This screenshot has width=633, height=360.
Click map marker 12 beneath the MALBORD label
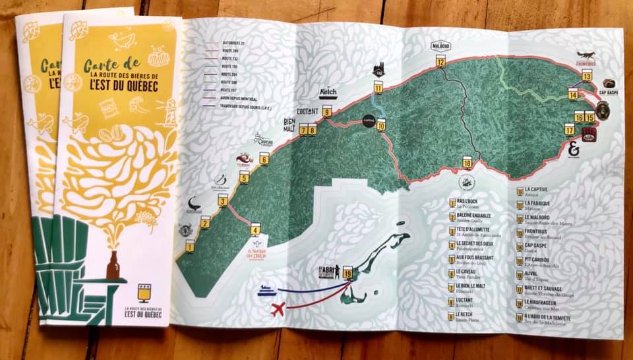tap(440, 63)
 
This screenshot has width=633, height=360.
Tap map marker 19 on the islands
tap(347, 270)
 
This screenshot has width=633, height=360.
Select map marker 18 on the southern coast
tap(467, 163)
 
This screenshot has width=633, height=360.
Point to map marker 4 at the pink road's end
tap(255, 231)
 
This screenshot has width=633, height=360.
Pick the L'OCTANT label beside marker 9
tap(308, 111)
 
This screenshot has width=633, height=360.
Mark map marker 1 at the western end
tap(190, 247)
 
